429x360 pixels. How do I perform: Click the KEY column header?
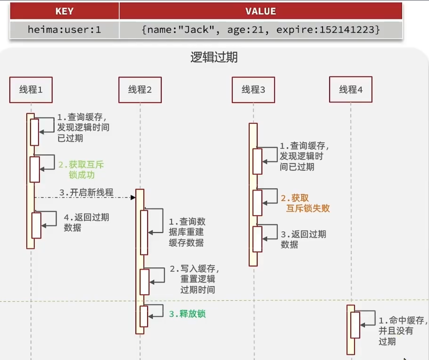pos(65,11)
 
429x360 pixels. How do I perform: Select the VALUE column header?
pos(261,11)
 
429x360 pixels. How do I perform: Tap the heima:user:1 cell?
pos(65,30)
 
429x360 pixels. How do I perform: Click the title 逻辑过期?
pos(214,58)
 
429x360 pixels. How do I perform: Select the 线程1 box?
pos(31,90)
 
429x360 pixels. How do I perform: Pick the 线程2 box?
pos(140,90)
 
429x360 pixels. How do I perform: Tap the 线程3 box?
pos(253,90)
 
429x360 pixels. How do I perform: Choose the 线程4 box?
pos(351,90)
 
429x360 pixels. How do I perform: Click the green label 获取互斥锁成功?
pos(81,169)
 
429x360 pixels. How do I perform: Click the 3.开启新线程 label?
pos(86,192)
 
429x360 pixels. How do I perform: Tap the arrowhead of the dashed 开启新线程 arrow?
pos(133,197)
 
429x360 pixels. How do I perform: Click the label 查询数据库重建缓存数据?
pos(187,232)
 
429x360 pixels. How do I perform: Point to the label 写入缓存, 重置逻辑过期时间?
pos(195,279)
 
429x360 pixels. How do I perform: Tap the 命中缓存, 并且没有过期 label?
pos(401,331)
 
